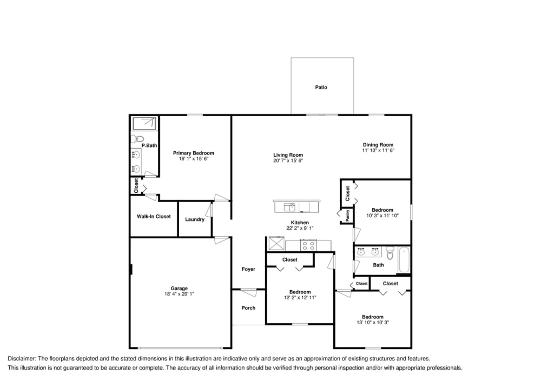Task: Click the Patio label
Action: (321, 87)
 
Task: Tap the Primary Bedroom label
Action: (193, 153)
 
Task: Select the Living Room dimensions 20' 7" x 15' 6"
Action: (288, 160)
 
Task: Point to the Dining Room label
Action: (378, 144)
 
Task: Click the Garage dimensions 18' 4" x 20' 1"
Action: (179, 294)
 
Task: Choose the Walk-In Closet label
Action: (154, 217)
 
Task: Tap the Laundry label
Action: (195, 219)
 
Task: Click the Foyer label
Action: (248, 269)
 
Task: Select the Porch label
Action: (248, 308)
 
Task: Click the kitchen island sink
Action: (289, 206)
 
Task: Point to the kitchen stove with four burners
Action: (308, 245)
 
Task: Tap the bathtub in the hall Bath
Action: (404, 259)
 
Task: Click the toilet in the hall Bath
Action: (390, 253)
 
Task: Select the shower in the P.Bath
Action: (144, 123)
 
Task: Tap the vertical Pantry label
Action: (347, 216)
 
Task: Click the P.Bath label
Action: (149, 145)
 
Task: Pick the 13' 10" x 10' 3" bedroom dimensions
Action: (373, 323)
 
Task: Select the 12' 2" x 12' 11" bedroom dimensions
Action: (300, 297)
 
